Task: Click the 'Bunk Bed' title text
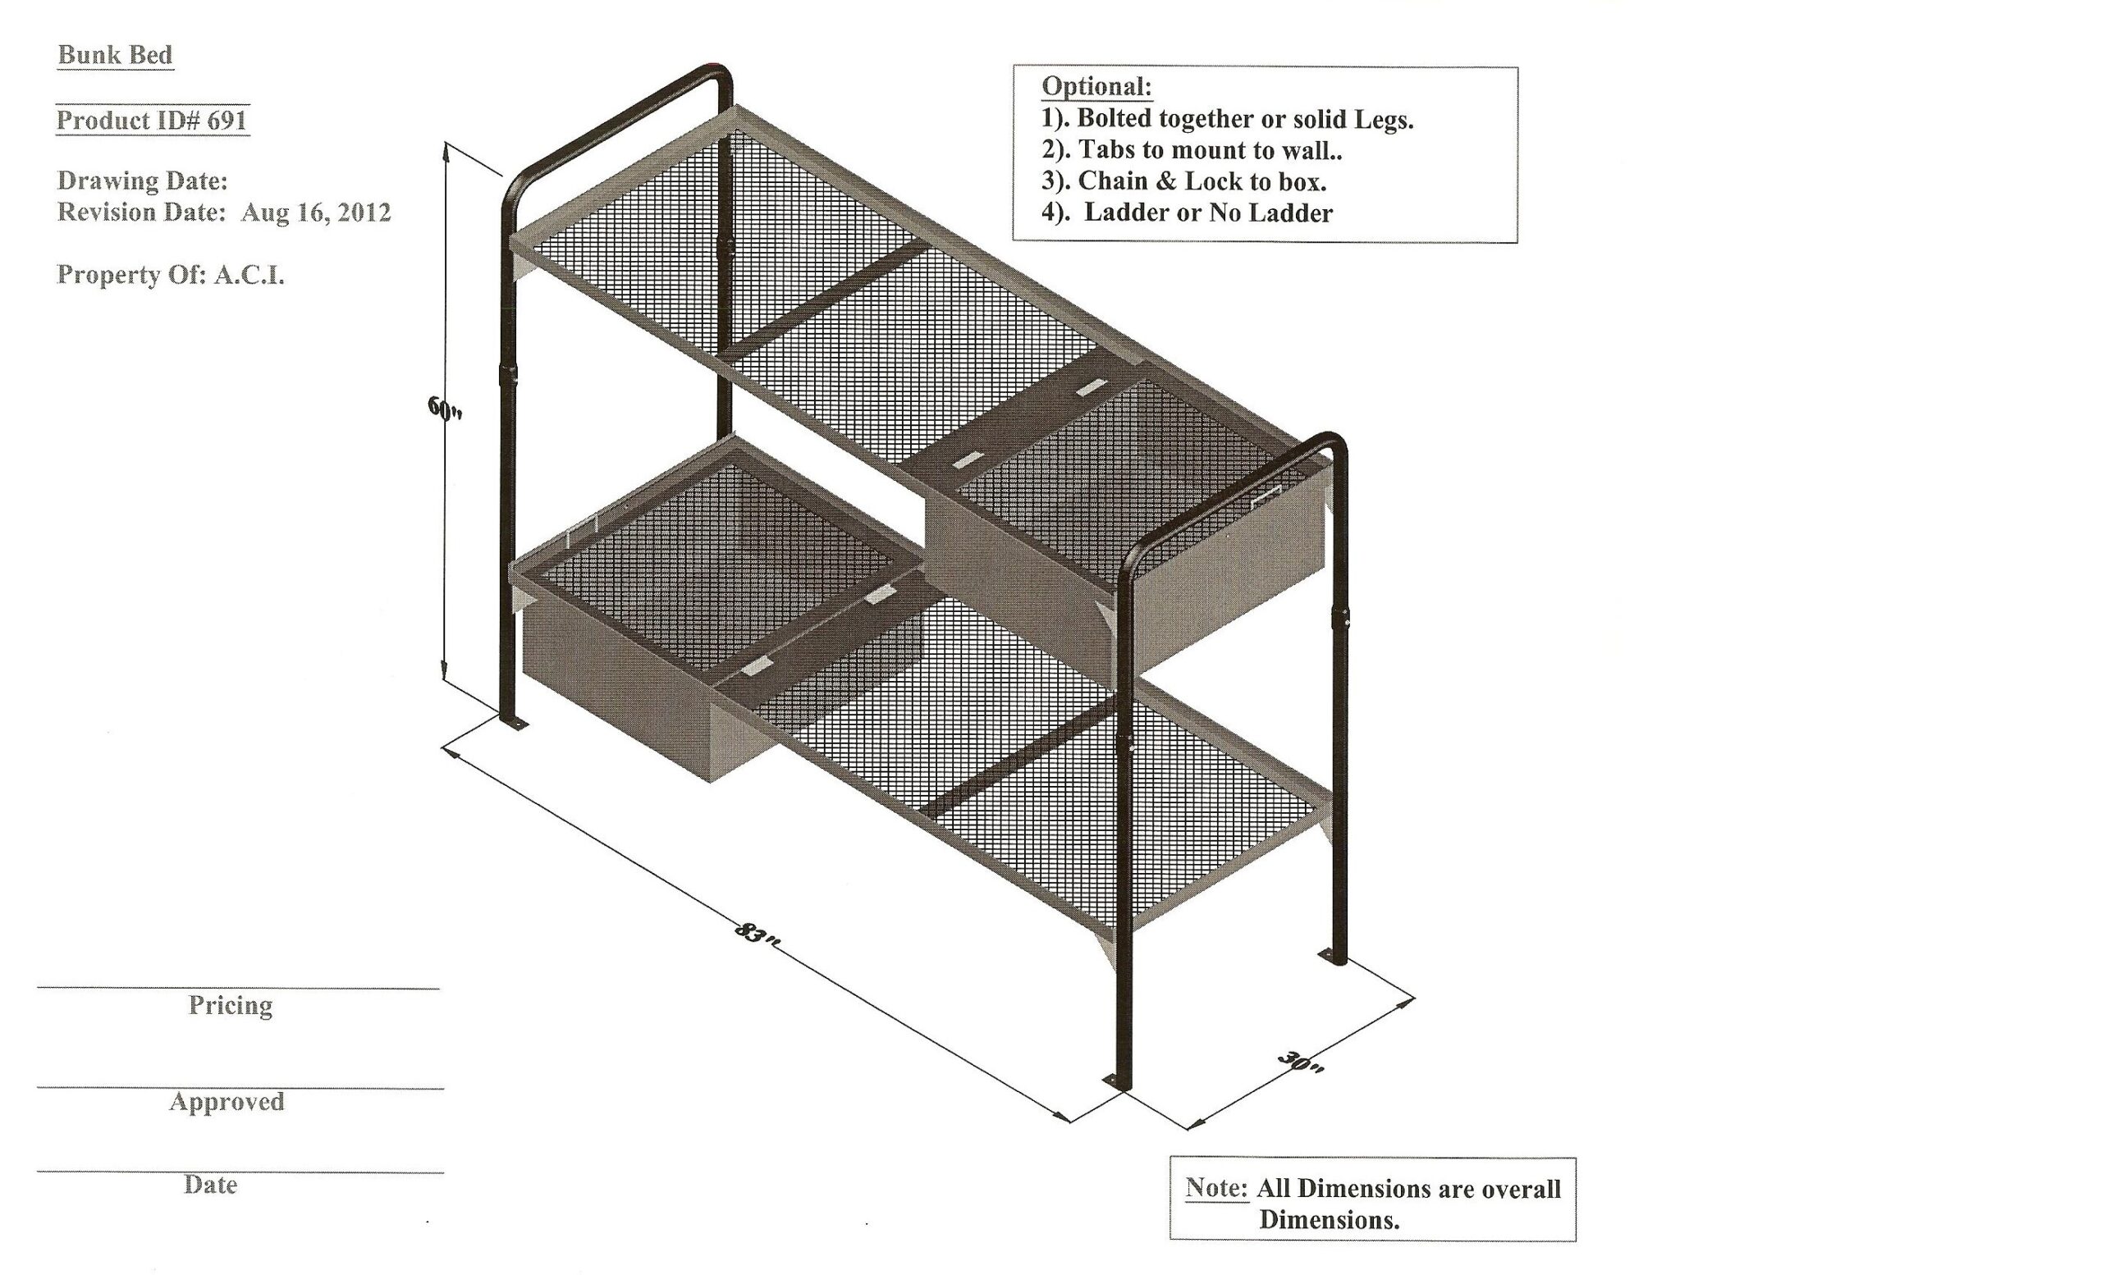tap(115, 54)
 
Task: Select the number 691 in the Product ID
tap(227, 120)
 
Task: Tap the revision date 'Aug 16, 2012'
tap(315, 212)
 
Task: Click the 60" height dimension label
tap(445, 409)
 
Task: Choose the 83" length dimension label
tap(757, 932)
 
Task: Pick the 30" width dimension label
tap(1300, 1062)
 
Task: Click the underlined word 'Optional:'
tap(1096, 86)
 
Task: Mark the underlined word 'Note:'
tap(1216, 1187)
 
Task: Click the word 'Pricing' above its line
tap(231, 1006)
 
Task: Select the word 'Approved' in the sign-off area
tap(227, 1101)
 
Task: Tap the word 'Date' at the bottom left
tap(211, 1185)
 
